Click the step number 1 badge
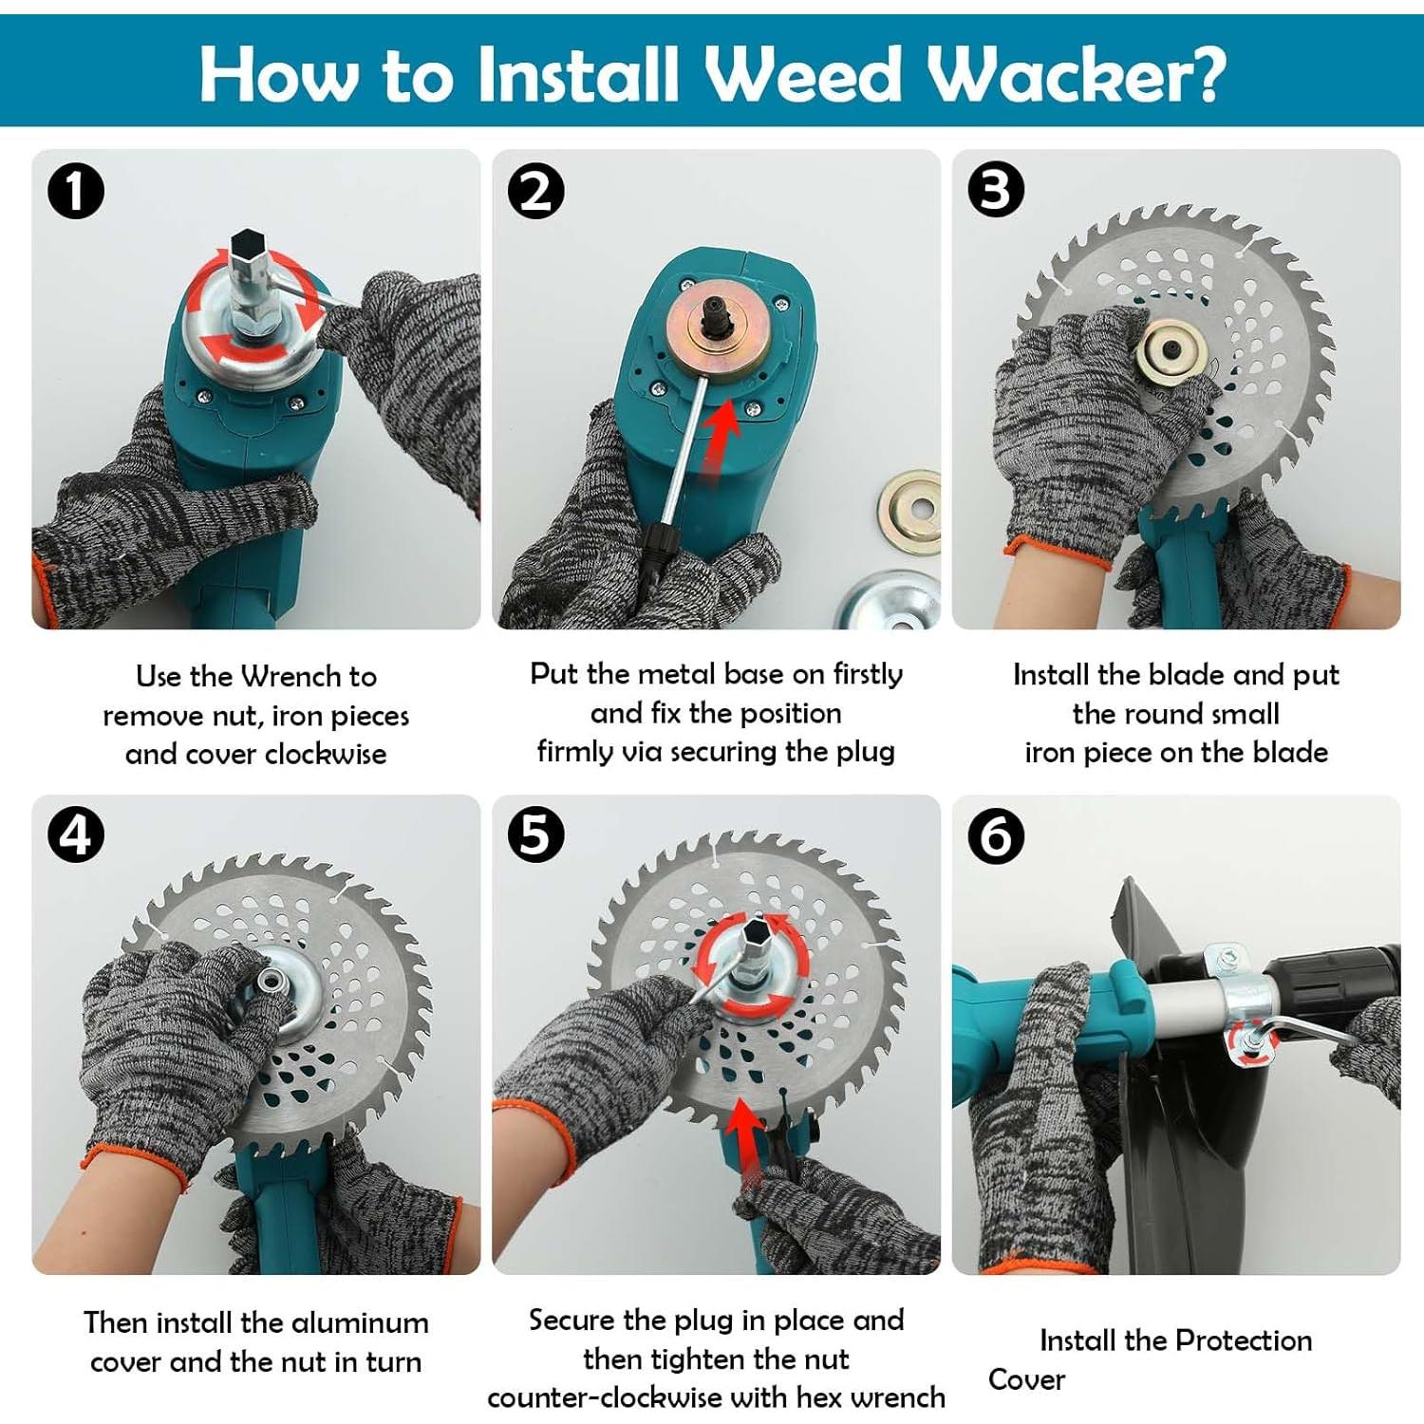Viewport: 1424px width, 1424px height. click(76, 191)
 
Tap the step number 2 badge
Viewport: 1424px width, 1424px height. click(535, 191)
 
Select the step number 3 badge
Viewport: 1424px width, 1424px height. click(996, 189)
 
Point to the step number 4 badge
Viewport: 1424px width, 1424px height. click(76, 835)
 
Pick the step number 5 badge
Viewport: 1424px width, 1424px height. click(535, 835)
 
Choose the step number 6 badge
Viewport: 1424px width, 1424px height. click(996, 836)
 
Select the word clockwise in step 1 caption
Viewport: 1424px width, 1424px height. click(326, 754)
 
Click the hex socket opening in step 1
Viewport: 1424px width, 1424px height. click(248, 243)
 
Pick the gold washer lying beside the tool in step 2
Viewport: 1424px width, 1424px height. click(909, 512)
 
